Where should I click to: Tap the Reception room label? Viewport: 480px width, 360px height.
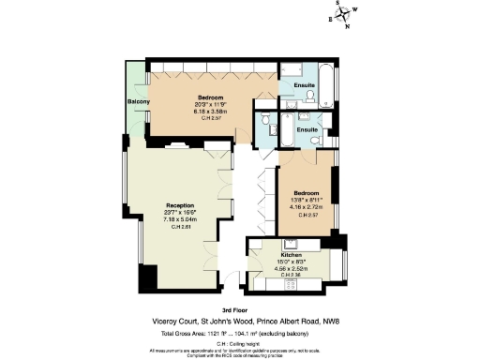pos(180,204)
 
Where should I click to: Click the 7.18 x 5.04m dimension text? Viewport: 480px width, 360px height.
pos(180,218)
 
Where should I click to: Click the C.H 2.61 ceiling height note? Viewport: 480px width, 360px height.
pos(180,226)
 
